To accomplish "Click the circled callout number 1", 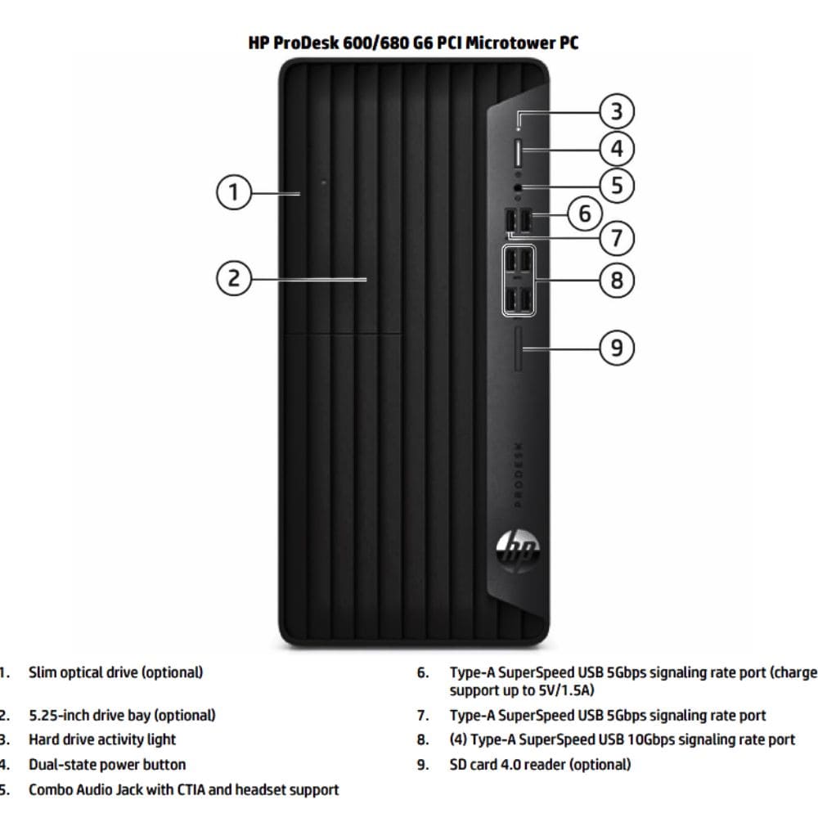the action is (x=234, y=192).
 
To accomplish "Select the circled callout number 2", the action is (x=234, y=278).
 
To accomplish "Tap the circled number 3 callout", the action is (x=617, y=111).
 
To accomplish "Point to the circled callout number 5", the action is (x=617, y=185).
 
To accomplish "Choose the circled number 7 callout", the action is (x=617, y=238).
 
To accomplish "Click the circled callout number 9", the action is (x=617, y=348).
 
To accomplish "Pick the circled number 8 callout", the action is (x=617, y=280).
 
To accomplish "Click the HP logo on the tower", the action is (x=518, y=551).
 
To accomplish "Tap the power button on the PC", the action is (x=518, y=152).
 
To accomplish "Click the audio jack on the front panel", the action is (x=518, y=187).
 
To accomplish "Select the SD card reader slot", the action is (x=518, y=349).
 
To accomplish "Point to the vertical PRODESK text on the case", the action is (x=518, y=474).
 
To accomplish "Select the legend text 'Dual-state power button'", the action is (x=107, y=764).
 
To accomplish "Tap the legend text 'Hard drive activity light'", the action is (x=102, y=739).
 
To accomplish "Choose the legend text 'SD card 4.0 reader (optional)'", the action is (x=540, y=764).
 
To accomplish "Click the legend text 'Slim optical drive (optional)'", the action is (x=116, y=672).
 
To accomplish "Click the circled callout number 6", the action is (x=585, y=213).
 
